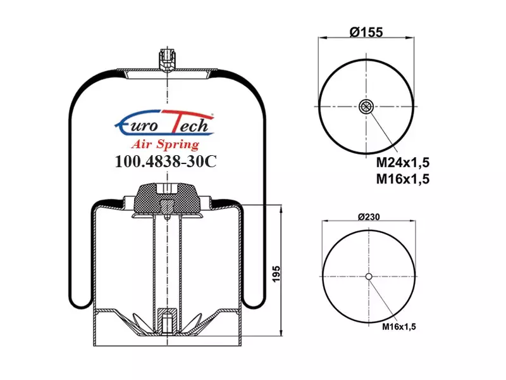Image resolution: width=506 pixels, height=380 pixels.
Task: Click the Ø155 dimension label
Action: [366, 32]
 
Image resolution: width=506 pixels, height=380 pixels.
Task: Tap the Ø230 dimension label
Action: [369, 217]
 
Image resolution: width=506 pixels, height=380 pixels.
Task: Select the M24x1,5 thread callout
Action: [403, 163]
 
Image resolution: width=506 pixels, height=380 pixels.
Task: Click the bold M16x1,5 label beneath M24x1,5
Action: [403, 179]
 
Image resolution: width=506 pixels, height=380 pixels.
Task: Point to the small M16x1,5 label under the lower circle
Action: [399, 327]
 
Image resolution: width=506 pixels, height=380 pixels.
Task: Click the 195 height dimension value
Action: [276, 274]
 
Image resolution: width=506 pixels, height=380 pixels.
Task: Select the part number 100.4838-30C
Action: [166, 161]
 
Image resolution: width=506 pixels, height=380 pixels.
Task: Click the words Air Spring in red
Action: [165, 144]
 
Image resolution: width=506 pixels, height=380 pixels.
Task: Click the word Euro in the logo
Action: [137, 125]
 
